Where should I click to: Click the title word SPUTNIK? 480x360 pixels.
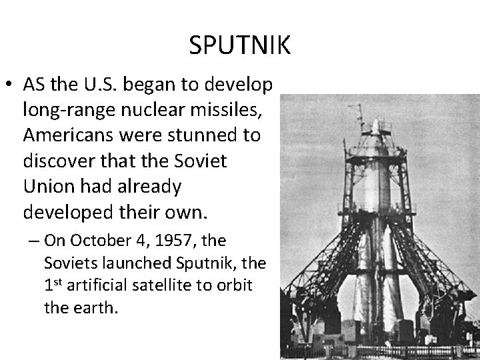[x=239, y=45]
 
